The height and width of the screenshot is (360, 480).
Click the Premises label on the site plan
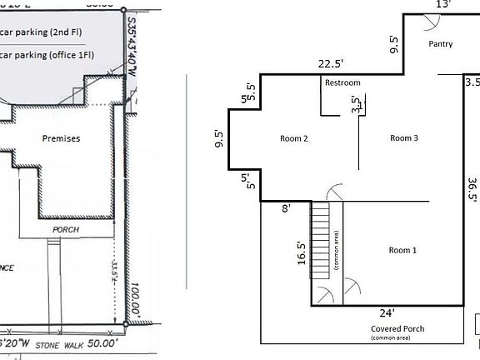coord(62,138)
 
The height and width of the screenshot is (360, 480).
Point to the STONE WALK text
coord(51,342)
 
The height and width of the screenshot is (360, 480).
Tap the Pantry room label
coord(440,44)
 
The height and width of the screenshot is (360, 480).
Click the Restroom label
coord(342,83)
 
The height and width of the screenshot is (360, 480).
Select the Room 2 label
coord(294,138)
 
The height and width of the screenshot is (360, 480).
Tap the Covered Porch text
coord(397,328)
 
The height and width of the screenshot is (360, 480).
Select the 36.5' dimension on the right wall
coord(472,189)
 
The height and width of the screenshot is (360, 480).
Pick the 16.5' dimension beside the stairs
coord(301,252)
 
